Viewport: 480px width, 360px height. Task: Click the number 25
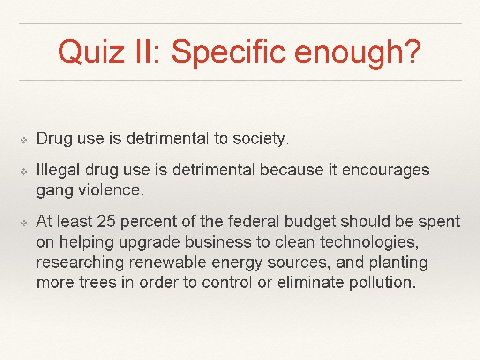(105, 221)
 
